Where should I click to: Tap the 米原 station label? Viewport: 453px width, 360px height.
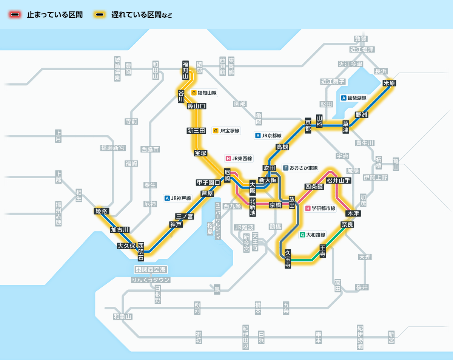tap(389, 83)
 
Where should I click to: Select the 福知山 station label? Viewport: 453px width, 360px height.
tap(185, 70)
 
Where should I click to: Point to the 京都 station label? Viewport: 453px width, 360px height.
tap(308, 125)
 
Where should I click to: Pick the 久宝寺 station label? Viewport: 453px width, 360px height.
tap(288, 259)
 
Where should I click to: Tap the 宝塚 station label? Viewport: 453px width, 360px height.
tap(200, 153)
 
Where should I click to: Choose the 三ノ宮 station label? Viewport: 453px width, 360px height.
tap(185, 216)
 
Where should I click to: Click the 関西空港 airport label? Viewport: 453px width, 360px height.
tap(151, 270)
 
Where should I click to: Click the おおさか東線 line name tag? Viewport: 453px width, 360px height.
tap(300, 168)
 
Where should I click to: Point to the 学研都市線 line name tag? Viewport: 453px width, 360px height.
tap(320, 208)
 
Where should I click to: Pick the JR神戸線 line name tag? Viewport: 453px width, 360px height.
tap(178, 198)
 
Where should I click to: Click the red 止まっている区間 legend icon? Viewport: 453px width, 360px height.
tap(15, 15)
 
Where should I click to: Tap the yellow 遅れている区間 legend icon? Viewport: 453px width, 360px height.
tap(100, 15)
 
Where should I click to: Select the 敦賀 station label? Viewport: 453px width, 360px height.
tap(361, 39)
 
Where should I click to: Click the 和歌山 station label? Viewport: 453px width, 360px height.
tap(123, 317)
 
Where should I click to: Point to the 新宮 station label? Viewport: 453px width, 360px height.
tap(391, 337)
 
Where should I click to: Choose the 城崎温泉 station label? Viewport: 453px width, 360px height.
tap(117, 69)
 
